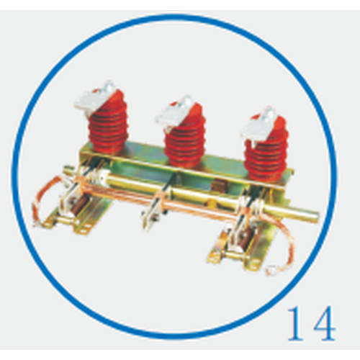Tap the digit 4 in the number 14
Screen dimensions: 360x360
pos(322,323)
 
